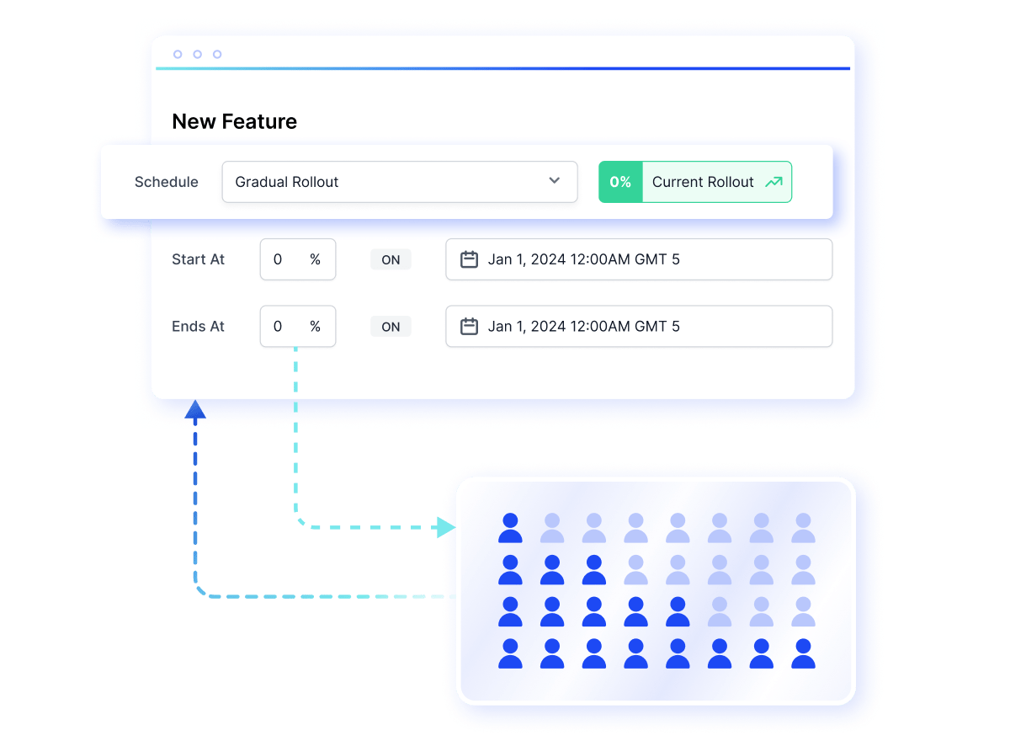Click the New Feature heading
tap(235, 121)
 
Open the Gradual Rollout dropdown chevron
tap(554, 180)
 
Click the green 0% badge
tap(620, 182)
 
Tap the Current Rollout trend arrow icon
tap(773, 182)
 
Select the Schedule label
tap(167, 182)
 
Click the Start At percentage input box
tap(298, 259)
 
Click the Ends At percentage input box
tap(298, 326)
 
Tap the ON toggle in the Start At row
tap(391, 259)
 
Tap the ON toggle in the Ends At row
tap(391, 327)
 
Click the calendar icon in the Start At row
tap(469, 259)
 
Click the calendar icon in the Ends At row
tap(469, 326)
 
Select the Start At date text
tap(583, 259)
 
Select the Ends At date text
tap(583, 326)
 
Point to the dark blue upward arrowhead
tap(195, 409)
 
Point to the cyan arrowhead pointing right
tap(446, 527)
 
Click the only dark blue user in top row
tap(510, 528)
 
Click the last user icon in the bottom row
tap(803, 653)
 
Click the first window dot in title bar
tap(178, 54)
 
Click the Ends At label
tap(198, 326)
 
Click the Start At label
tap(198, 259)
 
